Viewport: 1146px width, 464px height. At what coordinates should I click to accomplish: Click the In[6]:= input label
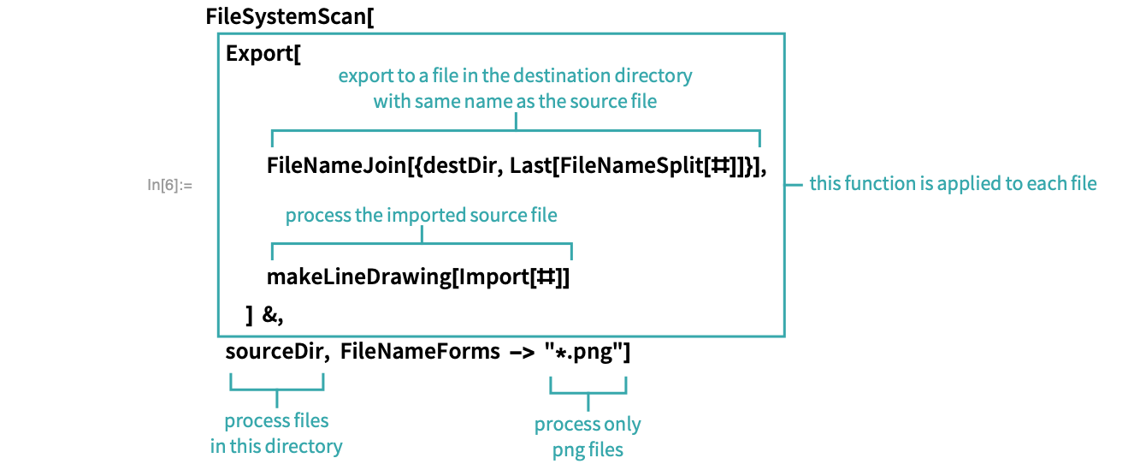point(169,184)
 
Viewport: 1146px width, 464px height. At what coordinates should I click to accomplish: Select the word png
point(568,449)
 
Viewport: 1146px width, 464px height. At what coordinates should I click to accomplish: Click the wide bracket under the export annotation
point(516,132)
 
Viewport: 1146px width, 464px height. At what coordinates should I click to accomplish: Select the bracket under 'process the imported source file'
point(422,245)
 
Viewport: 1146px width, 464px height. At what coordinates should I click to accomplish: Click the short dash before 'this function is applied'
point(795,184)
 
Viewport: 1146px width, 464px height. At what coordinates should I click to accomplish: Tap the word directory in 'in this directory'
point(301,447)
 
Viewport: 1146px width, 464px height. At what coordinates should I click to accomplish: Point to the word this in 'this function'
point(827,184)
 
